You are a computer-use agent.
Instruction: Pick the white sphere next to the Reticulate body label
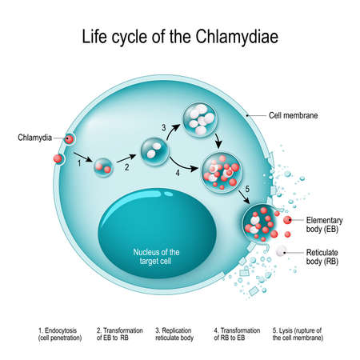click(280, 252)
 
